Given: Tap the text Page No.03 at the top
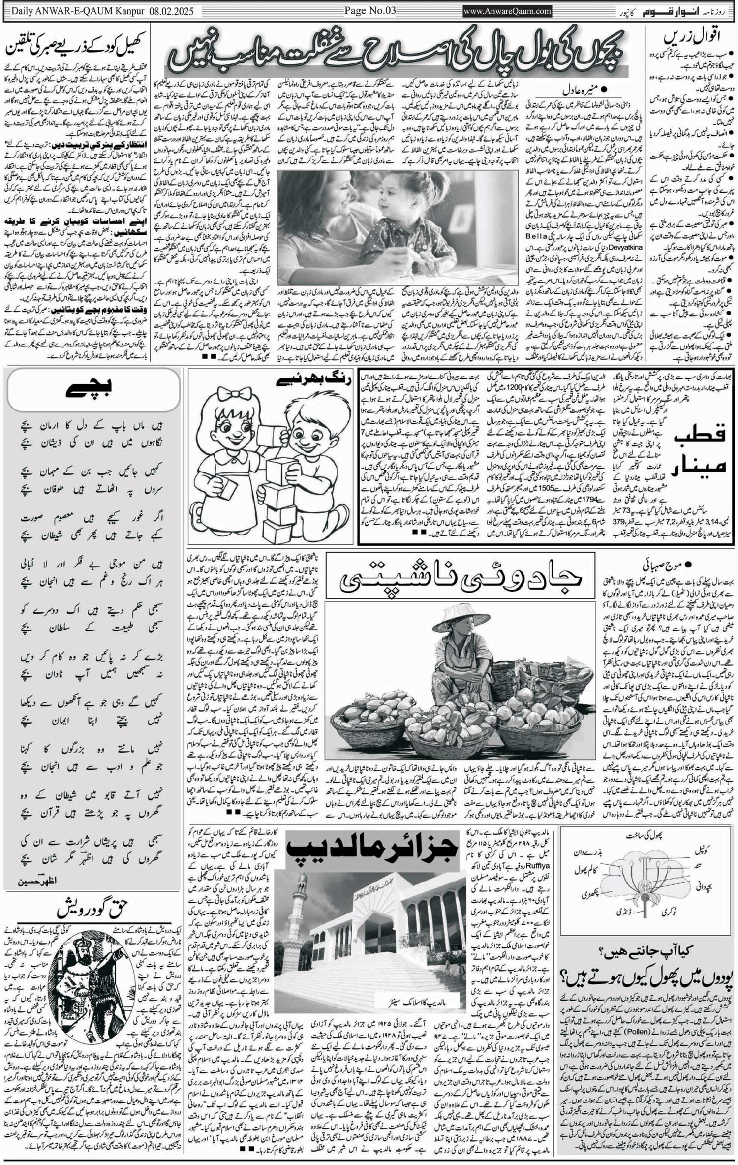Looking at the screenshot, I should coord(369,10).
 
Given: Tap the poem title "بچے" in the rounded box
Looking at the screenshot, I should coord(92,392).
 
